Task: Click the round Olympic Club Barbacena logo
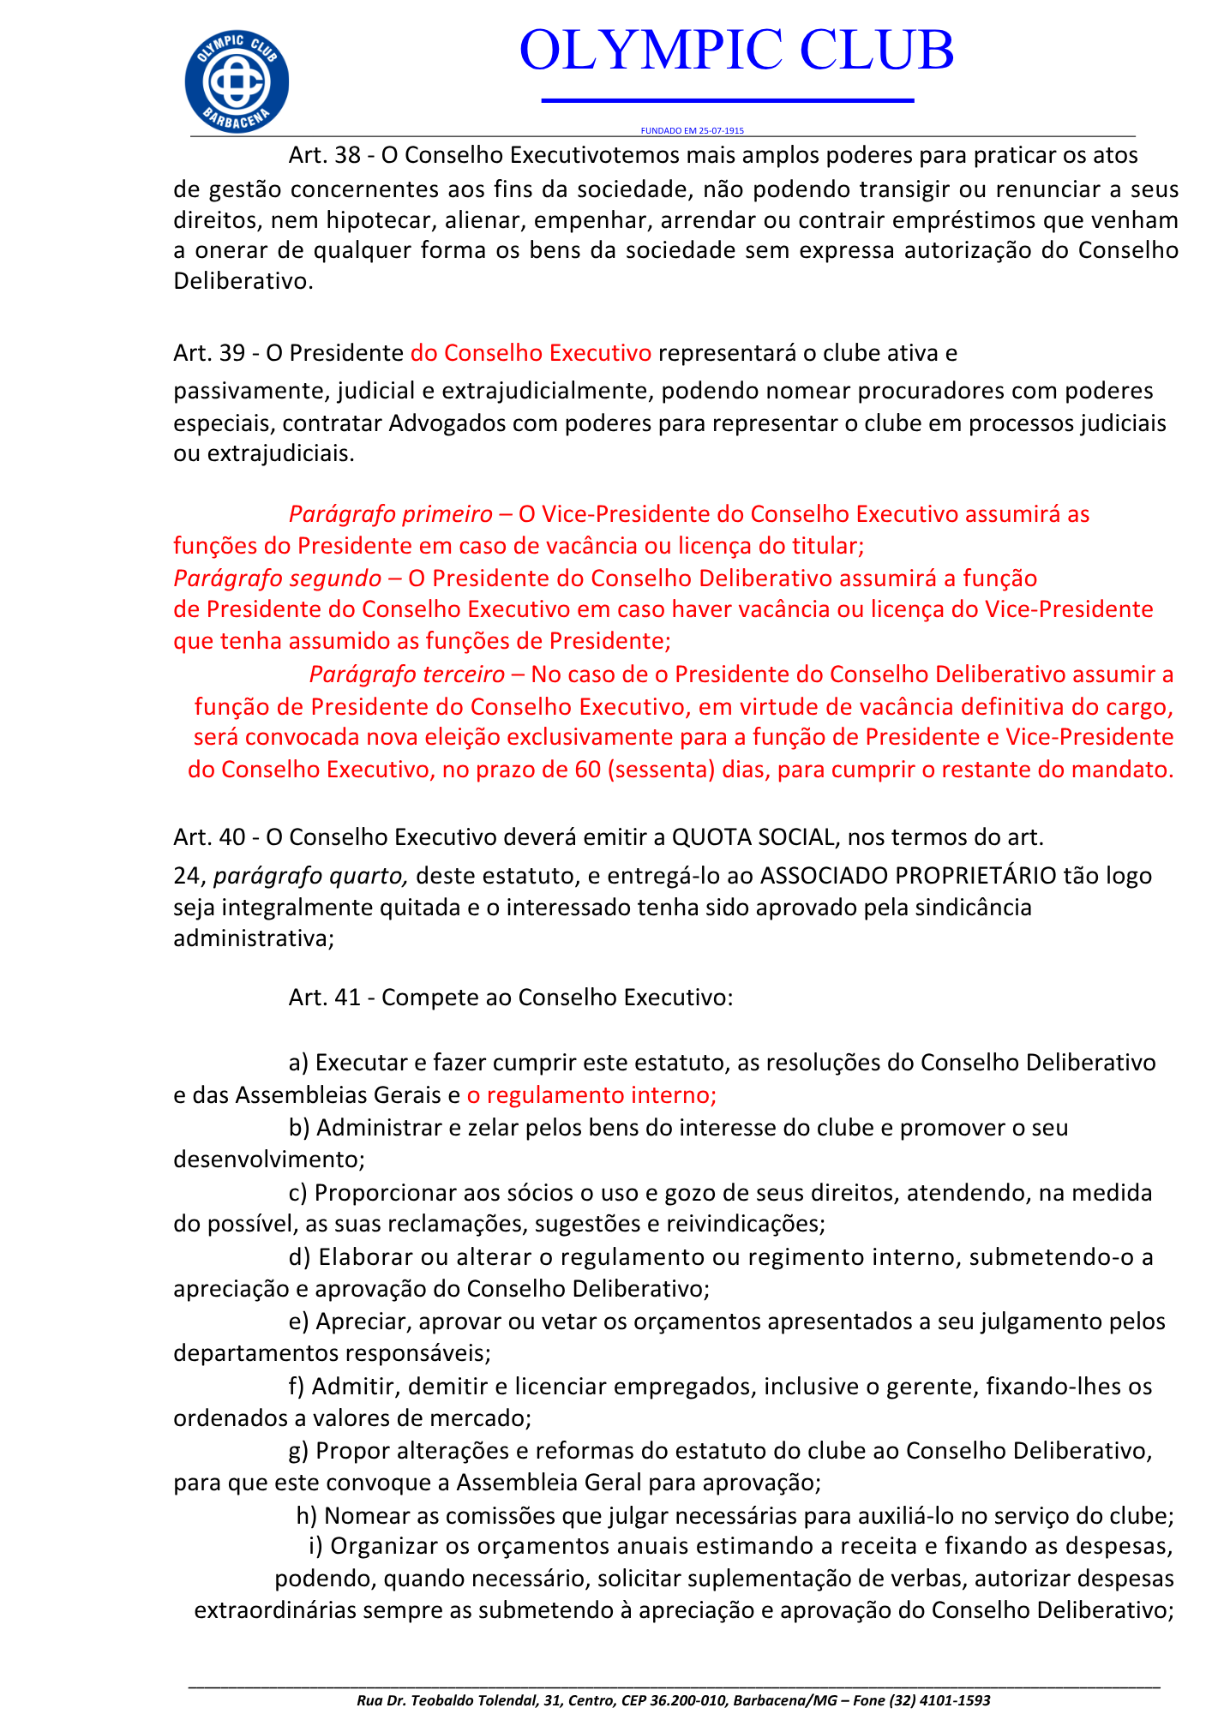[237, 82]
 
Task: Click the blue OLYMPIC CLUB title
[736, 51]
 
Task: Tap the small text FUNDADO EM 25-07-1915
[692, 131]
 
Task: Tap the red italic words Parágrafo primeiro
[390, 514]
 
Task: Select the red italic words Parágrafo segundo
[277, 578]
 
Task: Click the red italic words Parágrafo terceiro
[406, 674]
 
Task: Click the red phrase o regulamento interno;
[591, 1095]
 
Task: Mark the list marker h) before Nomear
[307, 1516]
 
